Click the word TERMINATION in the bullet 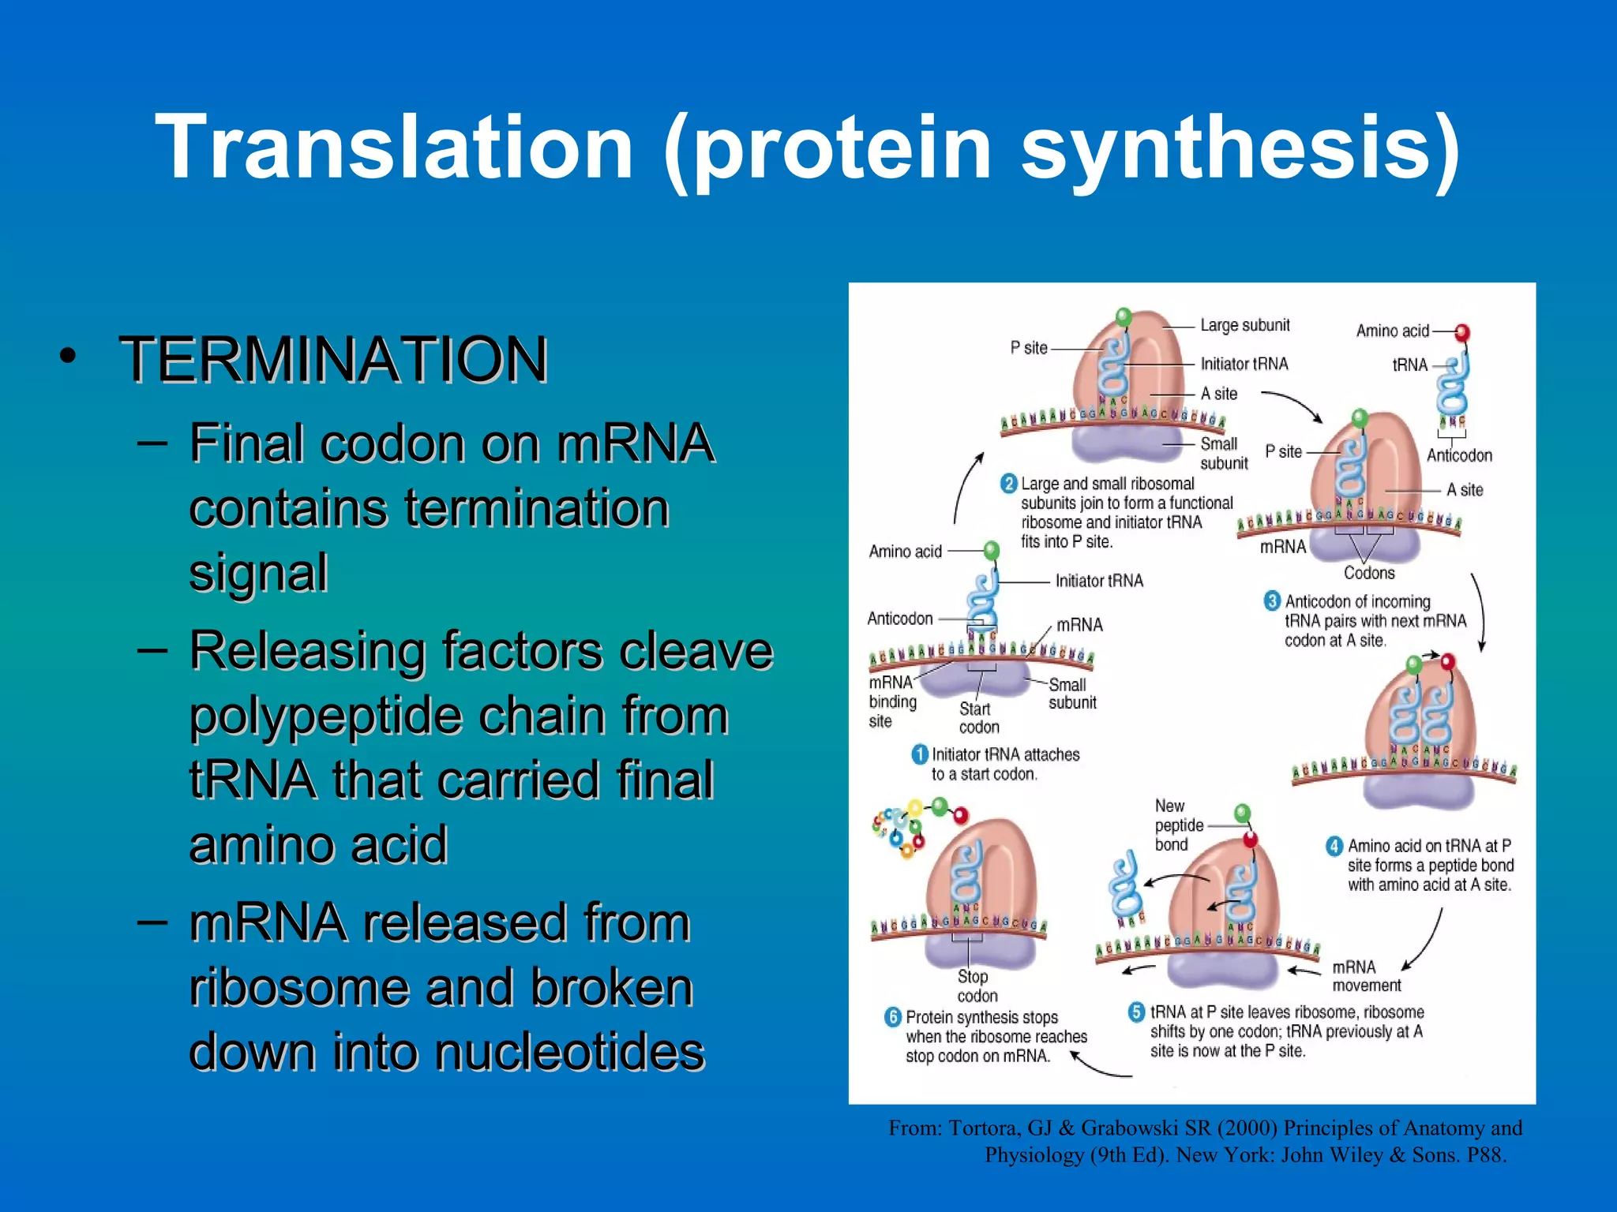click(x=333, y=360)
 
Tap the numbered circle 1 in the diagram click(x=919, y=754)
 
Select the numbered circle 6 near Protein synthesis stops click(x=893, y=1017)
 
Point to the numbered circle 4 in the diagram click(x=1334, y=846)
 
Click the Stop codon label click(x=976, y=986)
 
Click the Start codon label click(x=978, y=718)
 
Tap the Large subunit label click(x=1244, y=325)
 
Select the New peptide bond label click(x=1178, y=825)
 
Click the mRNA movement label click(x=1366, y=976)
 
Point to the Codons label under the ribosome click(x=1369, y=573)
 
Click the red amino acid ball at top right click(x=1461, y=332)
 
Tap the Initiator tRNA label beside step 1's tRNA click(x=1099, y=581)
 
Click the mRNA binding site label click(x=892, y=701)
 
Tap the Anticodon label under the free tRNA click(x=1459, y=455)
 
